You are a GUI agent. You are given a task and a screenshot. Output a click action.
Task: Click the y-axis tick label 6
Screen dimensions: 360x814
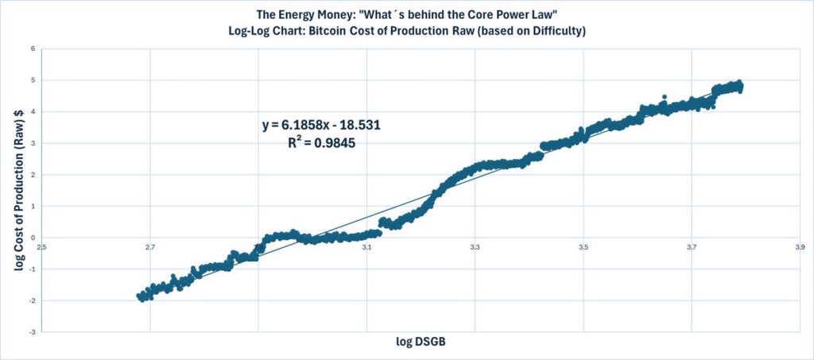point(33,48)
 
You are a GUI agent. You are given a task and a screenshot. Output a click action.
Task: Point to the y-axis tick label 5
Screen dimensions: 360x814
point(33,80)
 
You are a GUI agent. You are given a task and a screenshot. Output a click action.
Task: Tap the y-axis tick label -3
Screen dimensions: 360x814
point(32,331)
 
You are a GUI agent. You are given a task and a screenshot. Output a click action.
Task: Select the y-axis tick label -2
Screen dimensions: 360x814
point(32,300)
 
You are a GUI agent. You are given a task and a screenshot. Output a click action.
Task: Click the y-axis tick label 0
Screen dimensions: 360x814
point(33,238)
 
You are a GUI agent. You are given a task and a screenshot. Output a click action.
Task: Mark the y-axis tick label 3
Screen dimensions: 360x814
point(33,143)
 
